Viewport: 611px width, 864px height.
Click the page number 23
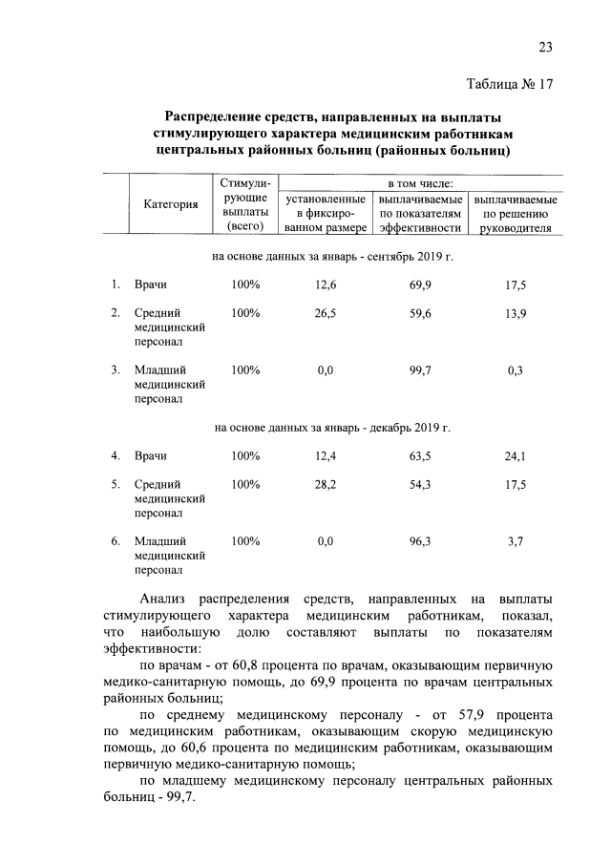coord(545,48)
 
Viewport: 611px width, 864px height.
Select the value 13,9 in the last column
coord(516,312)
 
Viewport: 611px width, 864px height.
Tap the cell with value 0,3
coord(516,370)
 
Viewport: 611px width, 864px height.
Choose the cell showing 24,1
coord(516,455)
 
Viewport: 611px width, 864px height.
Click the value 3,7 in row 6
coord(516,541)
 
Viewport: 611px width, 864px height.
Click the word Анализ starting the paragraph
coord(162,599)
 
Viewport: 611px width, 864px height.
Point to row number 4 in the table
coord(114,455)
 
